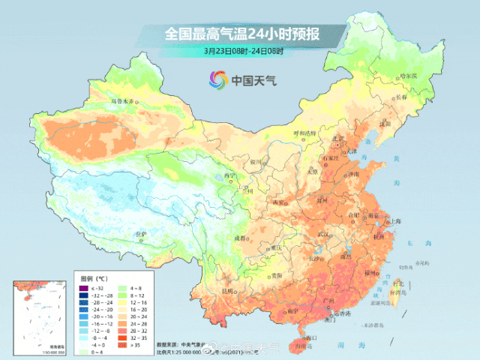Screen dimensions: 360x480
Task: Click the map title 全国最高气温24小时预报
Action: pos(241,34)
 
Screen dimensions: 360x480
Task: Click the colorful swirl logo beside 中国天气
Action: pos(217,79)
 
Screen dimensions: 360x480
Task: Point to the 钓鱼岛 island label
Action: pos(423,264)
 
